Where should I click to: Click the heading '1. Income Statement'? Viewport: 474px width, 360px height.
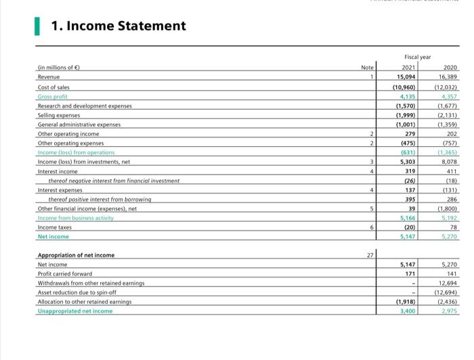click(x=118, y=26)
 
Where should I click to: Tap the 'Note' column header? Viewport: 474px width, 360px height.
click(x=368, y=68)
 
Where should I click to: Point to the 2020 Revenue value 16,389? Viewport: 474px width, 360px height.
click(x=447, y=78)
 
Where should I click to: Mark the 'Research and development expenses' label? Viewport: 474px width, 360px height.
click(x=85, y=106)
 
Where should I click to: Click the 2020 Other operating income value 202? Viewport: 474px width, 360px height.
click(x=452, y=134)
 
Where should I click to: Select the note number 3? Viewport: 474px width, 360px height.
click(x=372, y=162)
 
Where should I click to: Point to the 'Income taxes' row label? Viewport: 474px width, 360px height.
click(x=54, y=227)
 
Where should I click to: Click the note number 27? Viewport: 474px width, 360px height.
click(x=369, y=254)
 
